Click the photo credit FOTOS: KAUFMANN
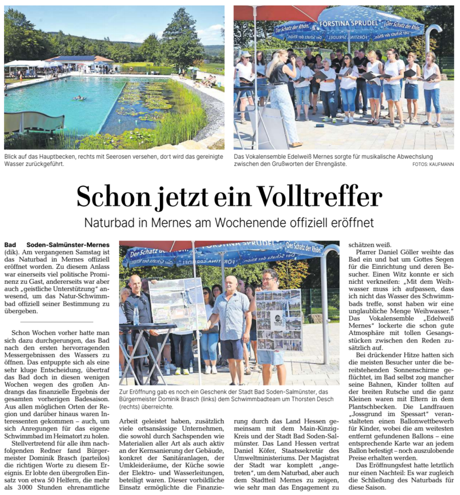(433, 164)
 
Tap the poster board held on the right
(279, 320)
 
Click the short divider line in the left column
(56, 322)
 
